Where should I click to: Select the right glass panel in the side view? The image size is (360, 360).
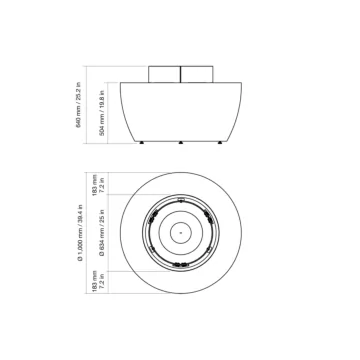tap(195, 76)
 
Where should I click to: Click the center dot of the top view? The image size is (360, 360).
tap(180, 261)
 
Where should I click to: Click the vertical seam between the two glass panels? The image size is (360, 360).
tap(180, 76)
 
